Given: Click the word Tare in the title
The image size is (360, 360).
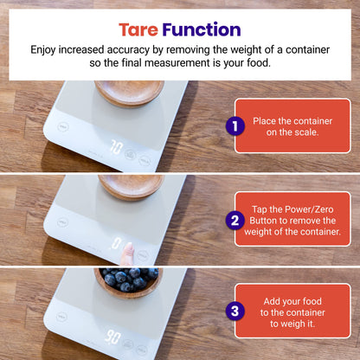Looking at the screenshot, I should [138, 31].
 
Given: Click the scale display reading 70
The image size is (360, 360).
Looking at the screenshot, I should [115, 148].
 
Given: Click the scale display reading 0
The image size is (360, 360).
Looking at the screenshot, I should [115, 243].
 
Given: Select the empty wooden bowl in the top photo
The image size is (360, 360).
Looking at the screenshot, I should [129, 90].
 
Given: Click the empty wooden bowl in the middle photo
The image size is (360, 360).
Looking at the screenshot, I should [130, 183].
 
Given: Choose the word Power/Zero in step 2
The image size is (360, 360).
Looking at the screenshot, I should [306, 209].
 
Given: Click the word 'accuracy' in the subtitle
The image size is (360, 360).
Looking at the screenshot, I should [162, 50].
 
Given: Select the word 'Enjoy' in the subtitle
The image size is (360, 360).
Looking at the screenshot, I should [46, 50].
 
